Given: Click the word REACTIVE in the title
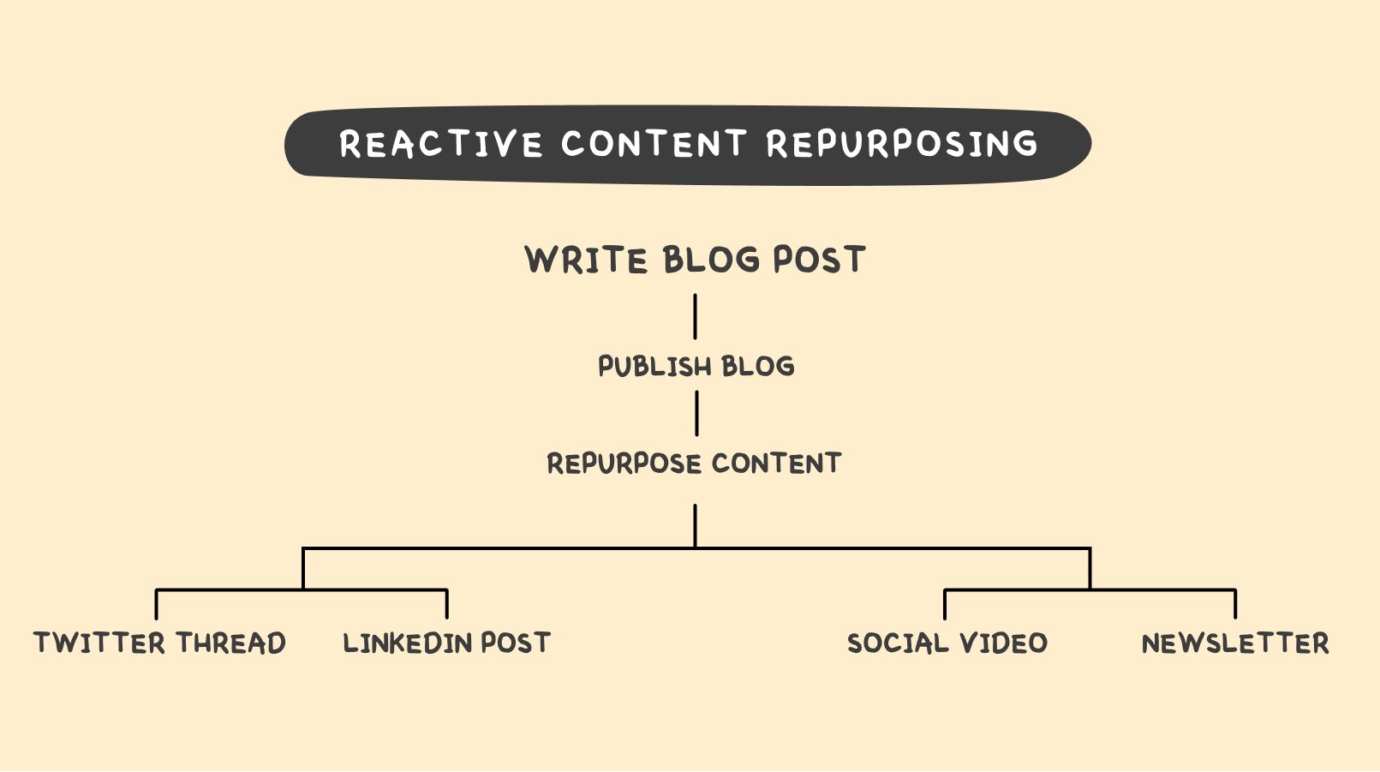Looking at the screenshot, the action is pos(440,144).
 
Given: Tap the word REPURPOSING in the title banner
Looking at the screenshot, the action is pos(903,144).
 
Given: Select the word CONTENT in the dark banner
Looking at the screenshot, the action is pos(654,144).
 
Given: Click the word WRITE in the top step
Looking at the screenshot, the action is pos(585,260).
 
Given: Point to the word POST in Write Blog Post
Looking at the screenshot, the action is pos(820,260).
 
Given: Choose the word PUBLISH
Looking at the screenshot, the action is pos(655,367).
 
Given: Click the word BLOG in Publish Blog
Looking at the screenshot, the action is pos(758,367).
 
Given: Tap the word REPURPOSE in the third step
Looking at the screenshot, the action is pos(624,464).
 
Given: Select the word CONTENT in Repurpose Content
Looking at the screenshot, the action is pos(776,464).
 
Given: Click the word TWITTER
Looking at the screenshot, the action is pos(99,643).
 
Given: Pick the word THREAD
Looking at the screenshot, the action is pos(230,643).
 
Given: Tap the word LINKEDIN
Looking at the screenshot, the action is pos(407,643).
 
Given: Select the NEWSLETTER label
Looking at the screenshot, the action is pos(1235,643).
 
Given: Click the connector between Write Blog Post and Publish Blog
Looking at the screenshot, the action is pos(695,317).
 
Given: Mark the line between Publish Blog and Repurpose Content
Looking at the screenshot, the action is pos(696,413).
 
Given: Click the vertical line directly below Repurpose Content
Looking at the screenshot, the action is pos(695,526).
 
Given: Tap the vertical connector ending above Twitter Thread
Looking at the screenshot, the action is pos(157,604).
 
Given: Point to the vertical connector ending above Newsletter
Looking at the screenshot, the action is pos(1235,604).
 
